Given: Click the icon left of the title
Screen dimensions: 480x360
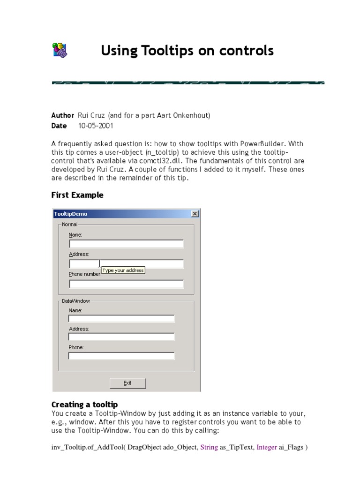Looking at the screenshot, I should (59, 50).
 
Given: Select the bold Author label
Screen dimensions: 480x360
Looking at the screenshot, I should (62, 115).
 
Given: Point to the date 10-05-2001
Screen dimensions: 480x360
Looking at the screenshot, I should (96, 126).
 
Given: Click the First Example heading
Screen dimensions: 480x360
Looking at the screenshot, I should (77, 195).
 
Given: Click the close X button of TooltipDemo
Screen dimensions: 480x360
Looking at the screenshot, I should (195, 214).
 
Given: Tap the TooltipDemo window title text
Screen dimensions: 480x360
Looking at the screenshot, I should (71, 214).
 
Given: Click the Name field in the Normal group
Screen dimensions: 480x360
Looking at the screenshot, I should (126, 244).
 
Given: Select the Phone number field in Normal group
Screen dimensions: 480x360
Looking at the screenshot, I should (126, 284).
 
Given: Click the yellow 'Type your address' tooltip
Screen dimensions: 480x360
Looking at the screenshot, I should (123, 270).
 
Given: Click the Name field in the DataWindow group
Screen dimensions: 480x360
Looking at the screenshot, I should (121, 319).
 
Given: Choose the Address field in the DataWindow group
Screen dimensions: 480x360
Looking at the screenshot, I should (121, 337).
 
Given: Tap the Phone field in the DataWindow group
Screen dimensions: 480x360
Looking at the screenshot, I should (121, 356).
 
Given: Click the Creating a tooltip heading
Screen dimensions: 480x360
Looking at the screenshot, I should (84, 405).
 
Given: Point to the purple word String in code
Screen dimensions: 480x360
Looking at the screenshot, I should (209, 447).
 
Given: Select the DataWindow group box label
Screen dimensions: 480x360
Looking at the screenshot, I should (75, 301).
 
